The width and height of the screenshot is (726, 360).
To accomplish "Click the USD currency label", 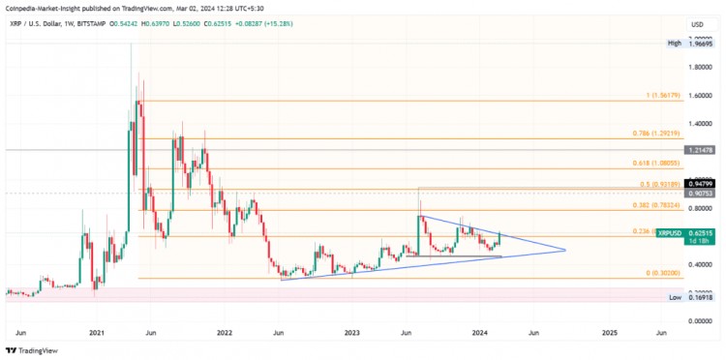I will click(695, 24).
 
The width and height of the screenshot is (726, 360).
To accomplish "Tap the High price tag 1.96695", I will click(704, 44).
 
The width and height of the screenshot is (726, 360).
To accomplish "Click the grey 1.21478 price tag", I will click(704, 151).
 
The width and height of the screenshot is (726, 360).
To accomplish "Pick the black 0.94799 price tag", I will click(704, 182).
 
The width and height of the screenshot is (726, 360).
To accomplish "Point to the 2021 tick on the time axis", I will click(96, 332).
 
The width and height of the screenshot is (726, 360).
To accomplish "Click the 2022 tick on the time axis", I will click(225, 332).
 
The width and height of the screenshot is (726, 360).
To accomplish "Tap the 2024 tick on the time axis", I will click(480, 332).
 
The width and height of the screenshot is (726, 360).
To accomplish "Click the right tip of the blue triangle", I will click(564, 251).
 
